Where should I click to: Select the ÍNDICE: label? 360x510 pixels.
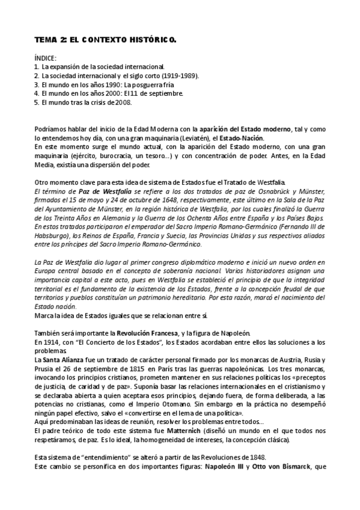[45, 58]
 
